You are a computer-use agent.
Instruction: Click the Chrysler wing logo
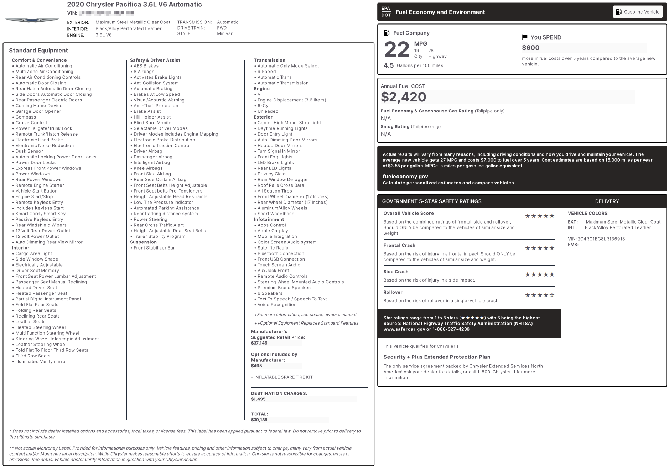(x=32, y=20)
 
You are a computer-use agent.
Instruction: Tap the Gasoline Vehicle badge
(x=638, y=12)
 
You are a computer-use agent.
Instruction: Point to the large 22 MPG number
(x=396, y=50)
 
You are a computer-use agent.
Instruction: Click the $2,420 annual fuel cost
(x=403, y=97)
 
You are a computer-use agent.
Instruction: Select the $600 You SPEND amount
(x=530, y=48)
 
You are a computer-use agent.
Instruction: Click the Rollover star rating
(x=540, y=295)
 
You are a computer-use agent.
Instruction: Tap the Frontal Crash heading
(x=399, y=245)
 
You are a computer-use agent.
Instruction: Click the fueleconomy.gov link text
(x=405, y=176)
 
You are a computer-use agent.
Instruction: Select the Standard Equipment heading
(x=38, y=51)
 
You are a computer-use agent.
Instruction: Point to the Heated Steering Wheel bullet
(x=41, y=327)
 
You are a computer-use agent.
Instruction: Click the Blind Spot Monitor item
(x=153, y=123)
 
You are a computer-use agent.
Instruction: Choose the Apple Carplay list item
(x=273, y=231)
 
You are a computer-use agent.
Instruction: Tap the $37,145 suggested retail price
(x=259, y=343)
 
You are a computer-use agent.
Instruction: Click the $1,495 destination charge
(x=258, y=399)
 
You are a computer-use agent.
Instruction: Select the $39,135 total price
(x=259, y=420)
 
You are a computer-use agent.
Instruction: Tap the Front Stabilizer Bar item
(x=154, y=248)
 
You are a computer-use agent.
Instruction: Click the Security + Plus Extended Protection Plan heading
(x=437, y=357)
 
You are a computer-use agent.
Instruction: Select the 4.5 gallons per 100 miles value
(x=389, y=65)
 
